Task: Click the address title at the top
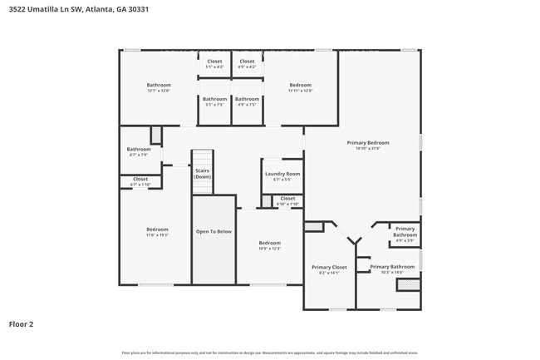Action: pos(69,9)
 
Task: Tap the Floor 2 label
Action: pos(21,323)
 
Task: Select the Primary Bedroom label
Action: pos(367,143)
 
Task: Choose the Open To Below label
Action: pos(214,231)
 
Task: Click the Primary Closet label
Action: pos(326,268)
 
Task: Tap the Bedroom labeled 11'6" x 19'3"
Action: pos(158,229)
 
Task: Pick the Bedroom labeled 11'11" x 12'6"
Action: pos(300,85)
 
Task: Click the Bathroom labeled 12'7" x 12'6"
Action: pos(159,85)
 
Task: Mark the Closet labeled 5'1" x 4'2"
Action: pos(214,62)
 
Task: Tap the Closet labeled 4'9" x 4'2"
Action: pos(247,62)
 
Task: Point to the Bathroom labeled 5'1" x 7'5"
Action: pos(214,99)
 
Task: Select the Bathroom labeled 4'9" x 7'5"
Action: pos(247,99)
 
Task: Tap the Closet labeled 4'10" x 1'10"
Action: pos(287,199)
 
